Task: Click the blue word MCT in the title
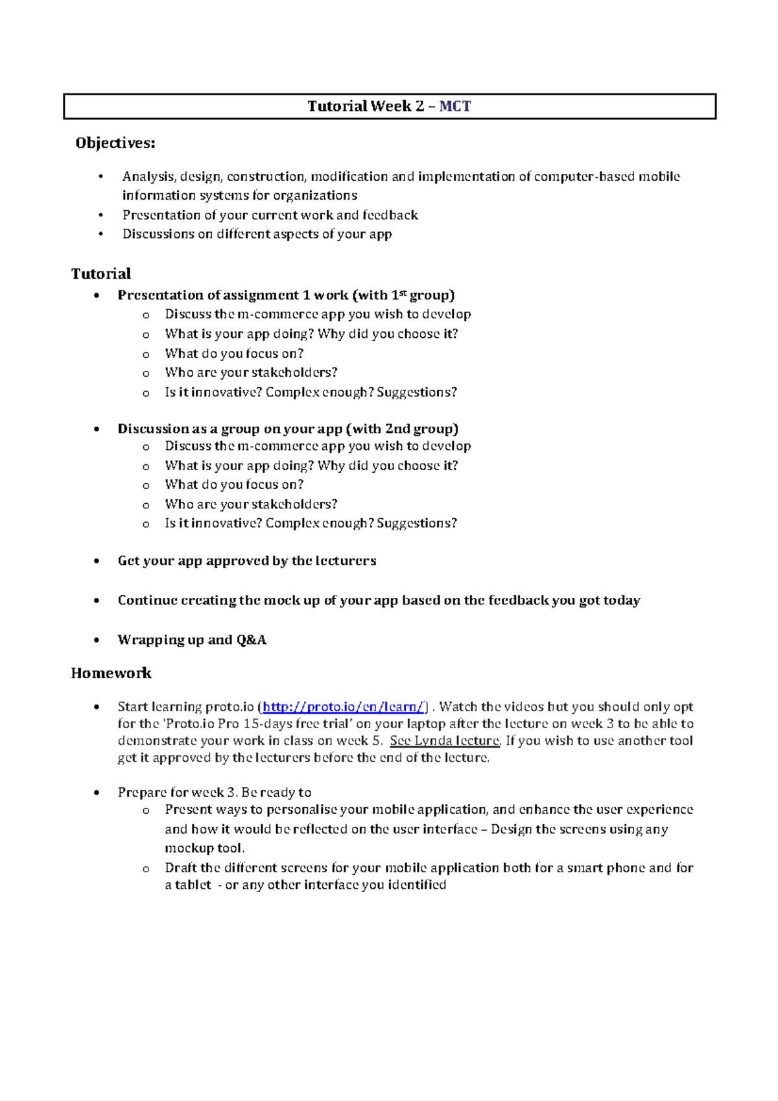(x=455, y=106)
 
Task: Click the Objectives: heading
(x=115, y=143)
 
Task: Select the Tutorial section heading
(x=101, y=274)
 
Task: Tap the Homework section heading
(x=111, y=673)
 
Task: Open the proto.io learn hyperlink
(x=344, y=707)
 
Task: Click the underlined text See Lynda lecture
(x=445, y=740)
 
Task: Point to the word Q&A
(x=251, y=640)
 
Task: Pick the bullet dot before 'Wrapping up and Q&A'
(x=97, y=640)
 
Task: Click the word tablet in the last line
(x=193, y=884)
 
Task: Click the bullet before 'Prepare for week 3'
(x=97, y=792)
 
